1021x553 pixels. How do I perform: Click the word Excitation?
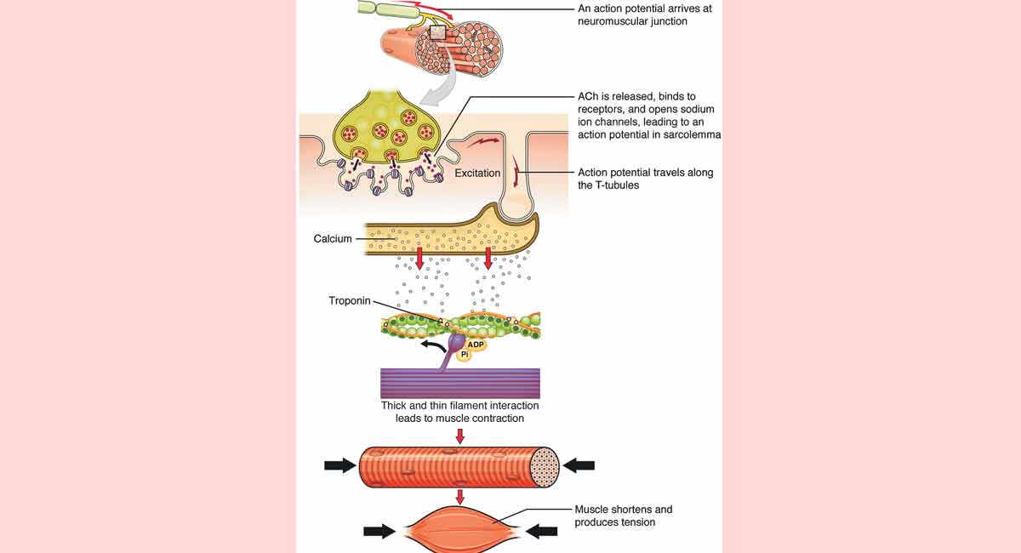pos(477,174)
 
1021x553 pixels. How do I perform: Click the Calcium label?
pos(333,239)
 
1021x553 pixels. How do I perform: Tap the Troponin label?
pos(349,301)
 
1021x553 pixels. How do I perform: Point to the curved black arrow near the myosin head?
pos(431,345)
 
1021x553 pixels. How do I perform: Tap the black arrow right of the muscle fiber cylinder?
pos(579,465)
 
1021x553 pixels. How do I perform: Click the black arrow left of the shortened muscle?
pos(379,531)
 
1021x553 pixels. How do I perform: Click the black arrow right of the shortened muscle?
pos(541,531)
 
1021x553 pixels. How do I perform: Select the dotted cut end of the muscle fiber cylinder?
pos(545,465)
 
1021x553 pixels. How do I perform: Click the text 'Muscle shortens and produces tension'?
pos(623,516)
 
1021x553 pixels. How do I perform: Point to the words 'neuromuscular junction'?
pos(632,21)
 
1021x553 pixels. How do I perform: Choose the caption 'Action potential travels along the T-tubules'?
pos(645,179)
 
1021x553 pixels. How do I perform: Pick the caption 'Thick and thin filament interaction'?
pos(459,406)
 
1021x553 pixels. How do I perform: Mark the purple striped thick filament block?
pos(459,383)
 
